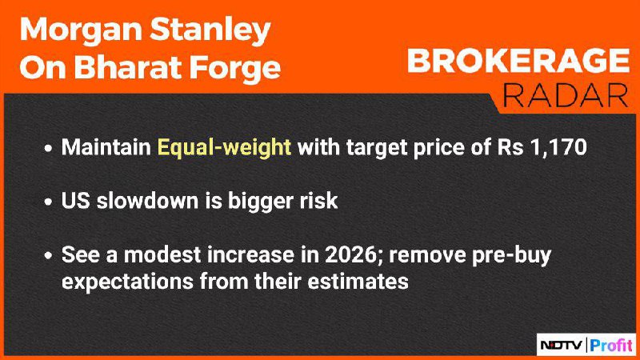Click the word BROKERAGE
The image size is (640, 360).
518,61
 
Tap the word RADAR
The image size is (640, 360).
565,95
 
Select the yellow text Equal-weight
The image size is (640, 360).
224,147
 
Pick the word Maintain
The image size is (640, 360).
106,146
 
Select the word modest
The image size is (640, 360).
163,254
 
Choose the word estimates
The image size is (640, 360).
358,282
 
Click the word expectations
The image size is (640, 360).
127,282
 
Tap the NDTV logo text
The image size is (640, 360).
562,346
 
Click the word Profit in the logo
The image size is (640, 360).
611,346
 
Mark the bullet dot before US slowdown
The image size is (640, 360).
49,202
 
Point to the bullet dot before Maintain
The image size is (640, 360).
49,148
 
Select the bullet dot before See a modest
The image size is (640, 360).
49,256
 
